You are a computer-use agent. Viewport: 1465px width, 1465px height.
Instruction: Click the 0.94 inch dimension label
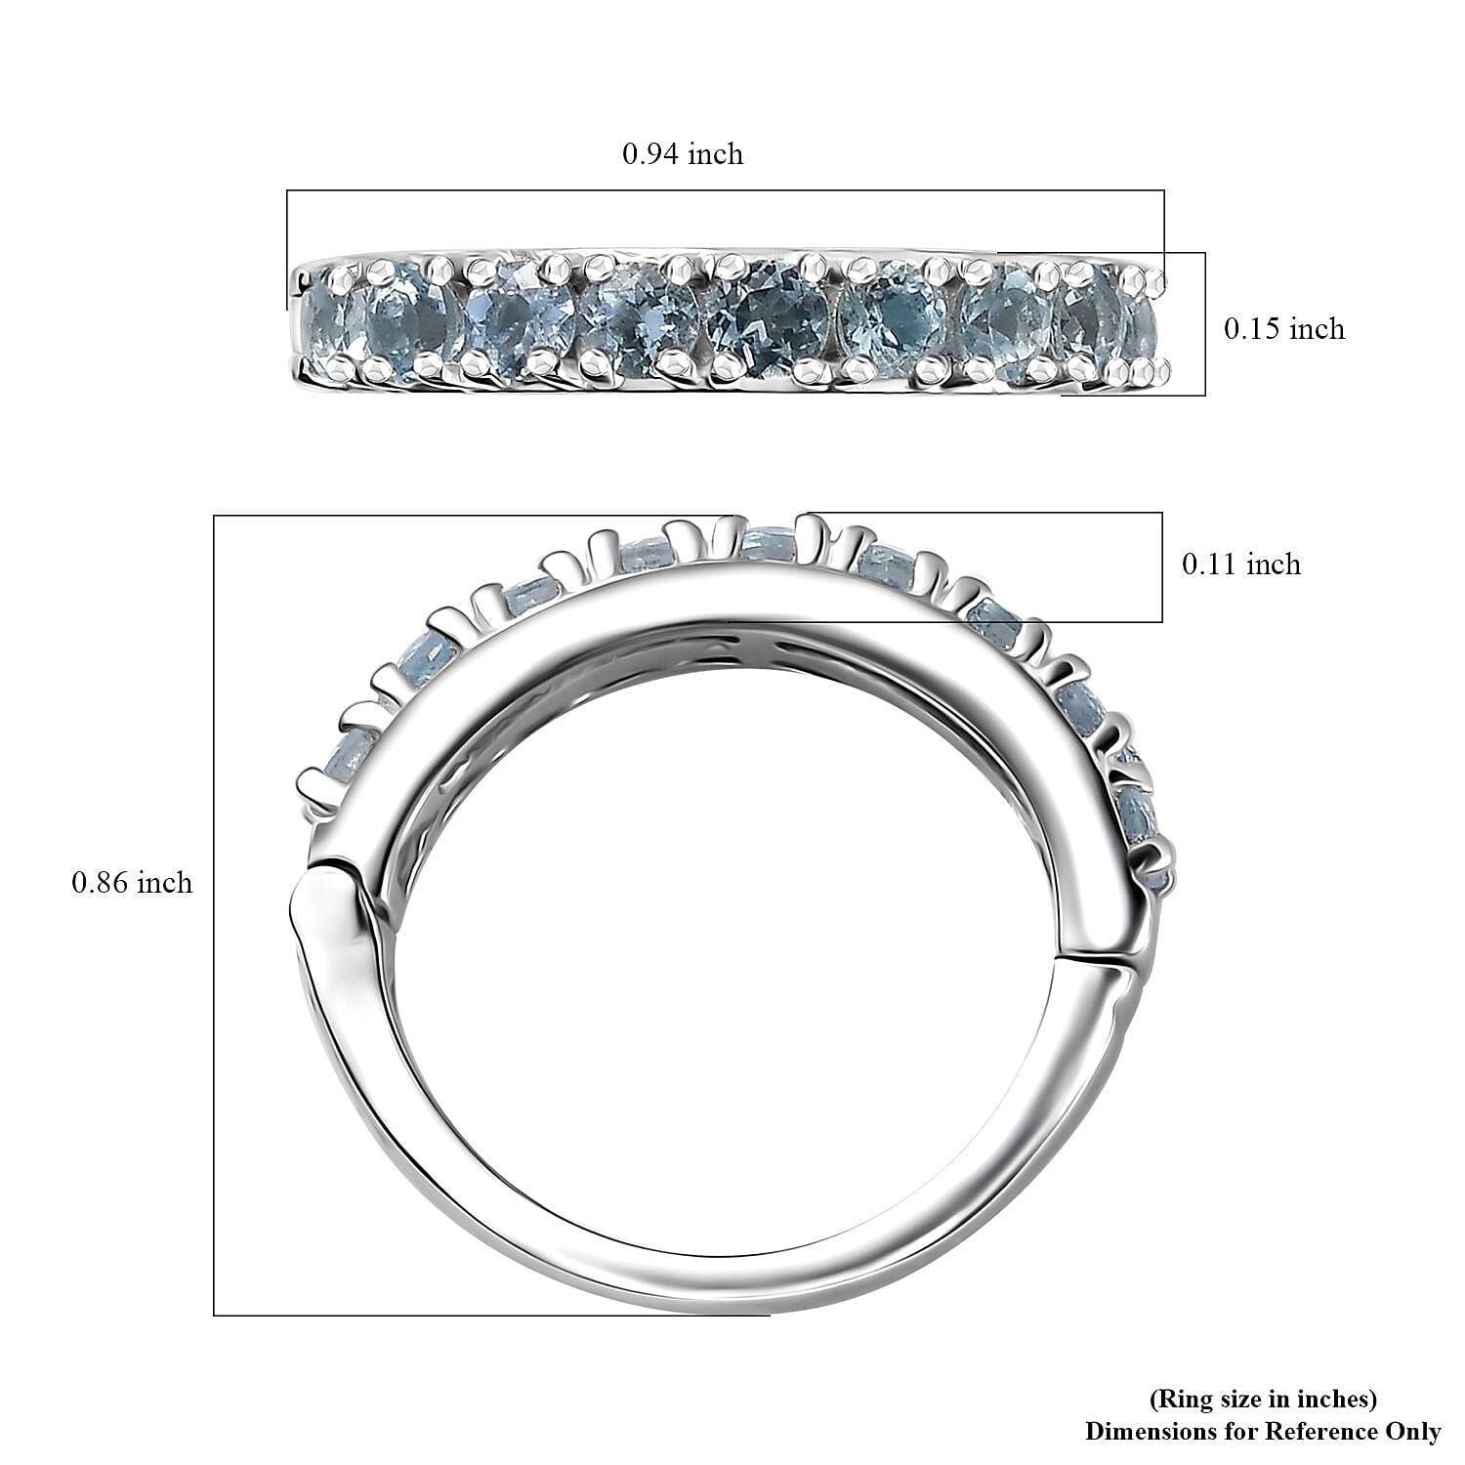pyautogui.click(x=683, y=154)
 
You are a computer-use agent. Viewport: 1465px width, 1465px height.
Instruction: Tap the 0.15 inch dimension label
pyautogui.click(x=1284, y=329)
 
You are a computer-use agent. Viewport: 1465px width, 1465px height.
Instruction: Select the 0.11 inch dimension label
pyautogui.click(x=1241, y=565)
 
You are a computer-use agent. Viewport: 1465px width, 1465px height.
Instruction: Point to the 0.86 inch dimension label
pyautogui.click(x=133, y=883)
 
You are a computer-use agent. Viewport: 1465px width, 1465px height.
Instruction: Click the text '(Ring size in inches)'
pyautogui.click(x=1263, y=1399)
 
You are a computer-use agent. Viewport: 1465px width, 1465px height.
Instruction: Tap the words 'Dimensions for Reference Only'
pyautogui.click(x=1263, y=1432)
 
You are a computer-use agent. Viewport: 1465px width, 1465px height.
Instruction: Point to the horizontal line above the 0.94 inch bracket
pyautogui.click(x=725, y=190)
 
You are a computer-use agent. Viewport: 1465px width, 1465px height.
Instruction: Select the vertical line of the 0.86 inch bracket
pyautogui.click(x=214, y=915)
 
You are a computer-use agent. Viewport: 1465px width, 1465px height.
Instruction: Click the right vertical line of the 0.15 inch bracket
pyautogui.click(x=1205, y=324)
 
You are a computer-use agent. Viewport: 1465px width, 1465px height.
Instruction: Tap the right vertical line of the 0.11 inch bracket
pyautogui.click(x=1162, y=567)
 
